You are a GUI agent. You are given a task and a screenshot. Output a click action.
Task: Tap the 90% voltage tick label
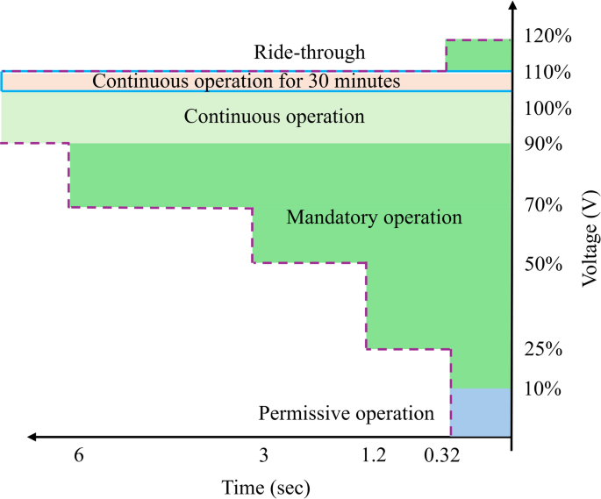[544, 143]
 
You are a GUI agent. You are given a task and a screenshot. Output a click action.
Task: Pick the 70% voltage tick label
[544, 207]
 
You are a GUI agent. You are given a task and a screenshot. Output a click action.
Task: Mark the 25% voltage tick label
[544, 350]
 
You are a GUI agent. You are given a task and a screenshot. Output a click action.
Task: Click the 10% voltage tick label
[544, 388]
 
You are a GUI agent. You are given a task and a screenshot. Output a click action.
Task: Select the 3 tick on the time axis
[263, 456]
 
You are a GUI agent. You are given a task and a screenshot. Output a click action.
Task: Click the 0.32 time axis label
[441, 456]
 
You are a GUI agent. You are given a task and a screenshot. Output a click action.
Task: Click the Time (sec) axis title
[266, 485]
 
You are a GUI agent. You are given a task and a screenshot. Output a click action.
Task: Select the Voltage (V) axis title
[589, 236]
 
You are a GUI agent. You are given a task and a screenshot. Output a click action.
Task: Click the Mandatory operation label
[373, 217]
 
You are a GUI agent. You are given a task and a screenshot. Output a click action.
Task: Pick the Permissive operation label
[347, 413]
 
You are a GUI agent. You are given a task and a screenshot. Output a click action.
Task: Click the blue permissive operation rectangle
[481, 411]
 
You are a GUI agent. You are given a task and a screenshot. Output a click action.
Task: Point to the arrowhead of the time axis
[32, 435]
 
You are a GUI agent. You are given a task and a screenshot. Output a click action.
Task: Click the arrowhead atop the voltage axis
[512, 10]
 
